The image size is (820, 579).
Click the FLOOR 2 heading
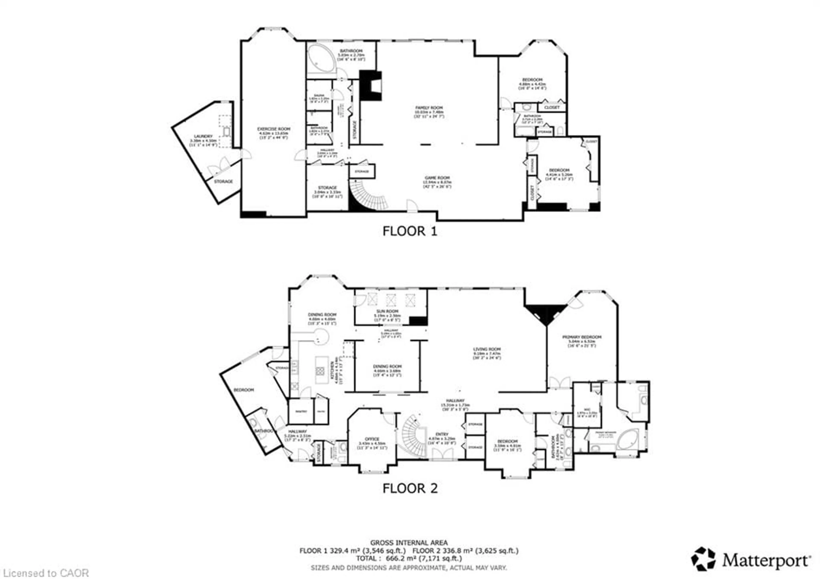(410, 488)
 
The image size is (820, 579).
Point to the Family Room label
(429, 107)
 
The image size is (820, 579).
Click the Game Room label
(437, 177)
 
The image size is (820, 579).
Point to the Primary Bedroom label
(582, 337)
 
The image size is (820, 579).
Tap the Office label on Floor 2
(372, 439)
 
